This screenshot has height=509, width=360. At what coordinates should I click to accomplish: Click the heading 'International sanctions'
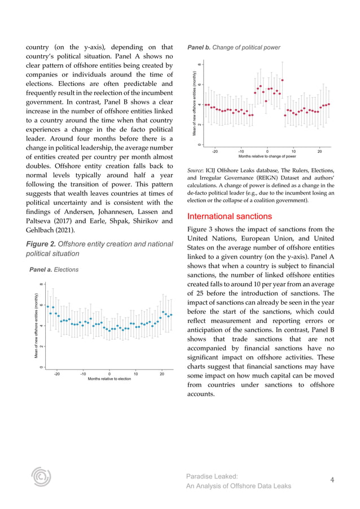pyautogui.click(x=230, y=216)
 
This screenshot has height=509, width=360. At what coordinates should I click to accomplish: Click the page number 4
pyautogui.click(x=332, y=480)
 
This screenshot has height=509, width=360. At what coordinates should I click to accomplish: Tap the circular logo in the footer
pyautogui.click(x=42, y=477)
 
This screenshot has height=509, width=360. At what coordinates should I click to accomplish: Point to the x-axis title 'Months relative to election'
pyautogui.click(x=109, y=379)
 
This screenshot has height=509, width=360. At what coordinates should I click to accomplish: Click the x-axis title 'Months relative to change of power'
pyautogui.click(x=267, y=156)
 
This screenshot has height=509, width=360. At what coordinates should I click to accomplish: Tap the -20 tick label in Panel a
pyautogui.click(x=56, y=374)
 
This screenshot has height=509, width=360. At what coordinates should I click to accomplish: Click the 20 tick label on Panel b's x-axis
pyautogui.click(x=320, y=151)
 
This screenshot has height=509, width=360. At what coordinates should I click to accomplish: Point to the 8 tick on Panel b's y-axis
pyautogui.click(x=199, y=65)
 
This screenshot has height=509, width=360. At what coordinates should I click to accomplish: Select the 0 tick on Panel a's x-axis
pyautogui.click(x=109, y=374)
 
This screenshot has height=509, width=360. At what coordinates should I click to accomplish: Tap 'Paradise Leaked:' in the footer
pyautogui.click(x=212, y=476)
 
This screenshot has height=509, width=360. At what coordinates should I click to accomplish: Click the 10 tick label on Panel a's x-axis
pyautogui.click(x=135, y=374)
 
